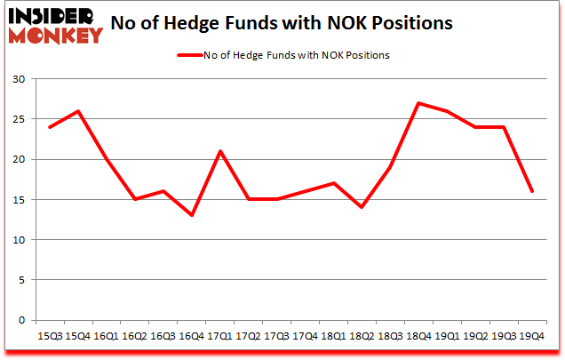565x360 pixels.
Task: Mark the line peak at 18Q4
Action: [418, 103]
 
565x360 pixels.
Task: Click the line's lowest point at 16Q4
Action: [191, 215]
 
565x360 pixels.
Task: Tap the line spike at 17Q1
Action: [219, 151]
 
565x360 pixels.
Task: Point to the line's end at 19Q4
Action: [531, 191]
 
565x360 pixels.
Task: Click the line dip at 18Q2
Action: [361, 207]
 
